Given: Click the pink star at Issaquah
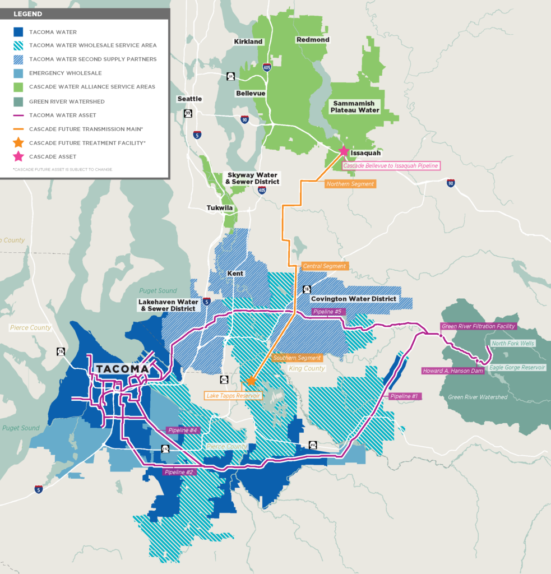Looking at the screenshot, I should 344,151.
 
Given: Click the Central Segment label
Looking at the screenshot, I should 325,266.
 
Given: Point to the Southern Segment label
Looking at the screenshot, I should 297,358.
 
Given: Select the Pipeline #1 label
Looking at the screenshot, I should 405,396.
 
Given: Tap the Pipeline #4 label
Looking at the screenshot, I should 182,430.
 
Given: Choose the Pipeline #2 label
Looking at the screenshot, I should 178,472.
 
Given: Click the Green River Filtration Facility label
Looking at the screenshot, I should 478,326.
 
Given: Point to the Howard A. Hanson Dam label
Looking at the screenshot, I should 452,371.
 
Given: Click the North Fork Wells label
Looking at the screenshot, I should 513,343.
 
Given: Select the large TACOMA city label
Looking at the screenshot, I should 122,369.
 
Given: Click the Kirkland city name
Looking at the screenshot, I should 248,42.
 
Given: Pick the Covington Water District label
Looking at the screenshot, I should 354,299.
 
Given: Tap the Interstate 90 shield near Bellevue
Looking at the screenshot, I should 244,119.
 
